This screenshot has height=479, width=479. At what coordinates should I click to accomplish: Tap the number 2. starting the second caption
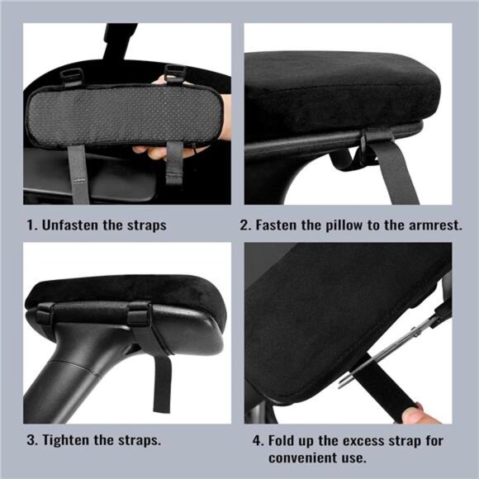pos(246,225)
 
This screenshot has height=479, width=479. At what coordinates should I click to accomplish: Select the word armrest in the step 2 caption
pos(432,225)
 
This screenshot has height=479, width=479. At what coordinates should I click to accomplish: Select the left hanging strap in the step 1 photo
pos(78,169)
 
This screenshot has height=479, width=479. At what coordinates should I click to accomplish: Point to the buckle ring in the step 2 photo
pos(363,147)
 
